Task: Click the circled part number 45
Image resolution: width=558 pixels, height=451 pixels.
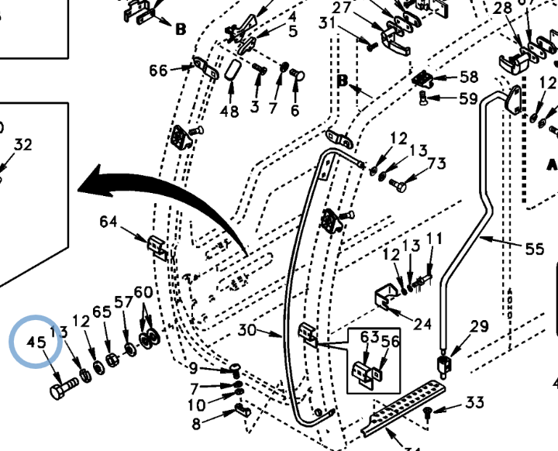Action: click(x=36, y=343)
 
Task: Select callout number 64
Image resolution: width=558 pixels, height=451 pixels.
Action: click(x=108, y=222)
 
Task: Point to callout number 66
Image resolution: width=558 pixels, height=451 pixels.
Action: click(x=158, y=71)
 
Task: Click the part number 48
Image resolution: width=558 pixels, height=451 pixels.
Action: click(x=229, y=111)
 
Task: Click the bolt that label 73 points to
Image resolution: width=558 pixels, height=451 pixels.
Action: click(x=400, y=185)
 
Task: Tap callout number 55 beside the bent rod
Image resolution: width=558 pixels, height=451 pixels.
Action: click(x=535, y=250)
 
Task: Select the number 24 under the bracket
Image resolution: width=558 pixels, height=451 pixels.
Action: click(x=423, y=323)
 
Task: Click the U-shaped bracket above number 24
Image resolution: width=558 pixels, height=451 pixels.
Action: click(x=385, y=298)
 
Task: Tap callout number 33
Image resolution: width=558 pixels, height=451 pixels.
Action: click(x=474, y=402)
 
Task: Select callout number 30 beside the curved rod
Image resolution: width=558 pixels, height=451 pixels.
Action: click(x=246, y=330)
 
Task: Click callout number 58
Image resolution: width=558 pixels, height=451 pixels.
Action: click(x=469, y=77)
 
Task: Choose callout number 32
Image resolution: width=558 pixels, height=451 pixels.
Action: click(x=23, y=145)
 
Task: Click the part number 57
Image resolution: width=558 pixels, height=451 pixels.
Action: click(x=123, y=301)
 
